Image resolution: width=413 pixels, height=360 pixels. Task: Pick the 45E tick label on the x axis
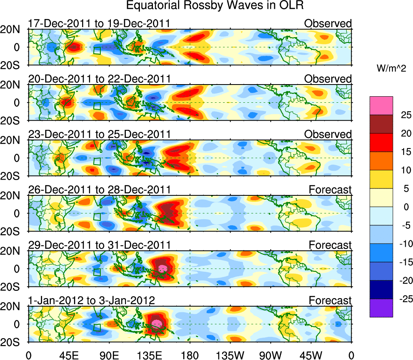point(68,356)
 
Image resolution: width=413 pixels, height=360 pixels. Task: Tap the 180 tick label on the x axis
point(189,356)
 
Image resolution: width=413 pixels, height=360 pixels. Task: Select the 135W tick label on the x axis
point(230,356)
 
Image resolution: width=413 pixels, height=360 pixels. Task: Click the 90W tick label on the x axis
point(270,356)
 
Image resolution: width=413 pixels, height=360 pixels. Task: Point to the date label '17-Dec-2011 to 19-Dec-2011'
point(99,24)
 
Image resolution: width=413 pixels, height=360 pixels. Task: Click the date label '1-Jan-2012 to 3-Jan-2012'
point(91,301)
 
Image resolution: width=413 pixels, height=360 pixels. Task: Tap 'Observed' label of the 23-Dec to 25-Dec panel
point(328,134)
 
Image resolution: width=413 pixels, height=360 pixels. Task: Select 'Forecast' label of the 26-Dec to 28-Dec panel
point(330,190)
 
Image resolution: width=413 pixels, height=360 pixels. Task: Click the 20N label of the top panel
point(14,30)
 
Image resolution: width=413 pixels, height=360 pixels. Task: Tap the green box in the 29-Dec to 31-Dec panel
point(97,272)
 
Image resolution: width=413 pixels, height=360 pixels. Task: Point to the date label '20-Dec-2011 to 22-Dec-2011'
point(99,79)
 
